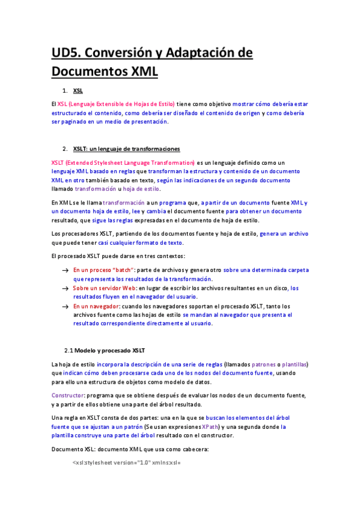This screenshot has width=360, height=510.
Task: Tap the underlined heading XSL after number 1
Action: [78, 91]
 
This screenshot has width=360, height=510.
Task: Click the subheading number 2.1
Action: [69, 350]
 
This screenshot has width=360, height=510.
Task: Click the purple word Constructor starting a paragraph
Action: [67, 396]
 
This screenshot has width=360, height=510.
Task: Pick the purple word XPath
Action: [210, 427]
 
